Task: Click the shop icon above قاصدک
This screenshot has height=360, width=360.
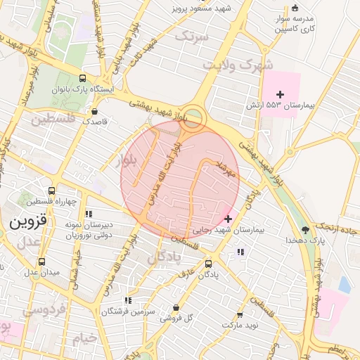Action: pyautogui.click(x=95, y=110)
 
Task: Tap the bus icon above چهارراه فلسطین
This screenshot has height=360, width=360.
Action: pyautogui.click(x=52, y=191)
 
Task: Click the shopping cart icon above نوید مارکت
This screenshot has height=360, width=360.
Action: pyautogui.click(x=240, y=314)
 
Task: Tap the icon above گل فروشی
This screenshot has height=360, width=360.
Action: pyautogui.click(x=175, y=307)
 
